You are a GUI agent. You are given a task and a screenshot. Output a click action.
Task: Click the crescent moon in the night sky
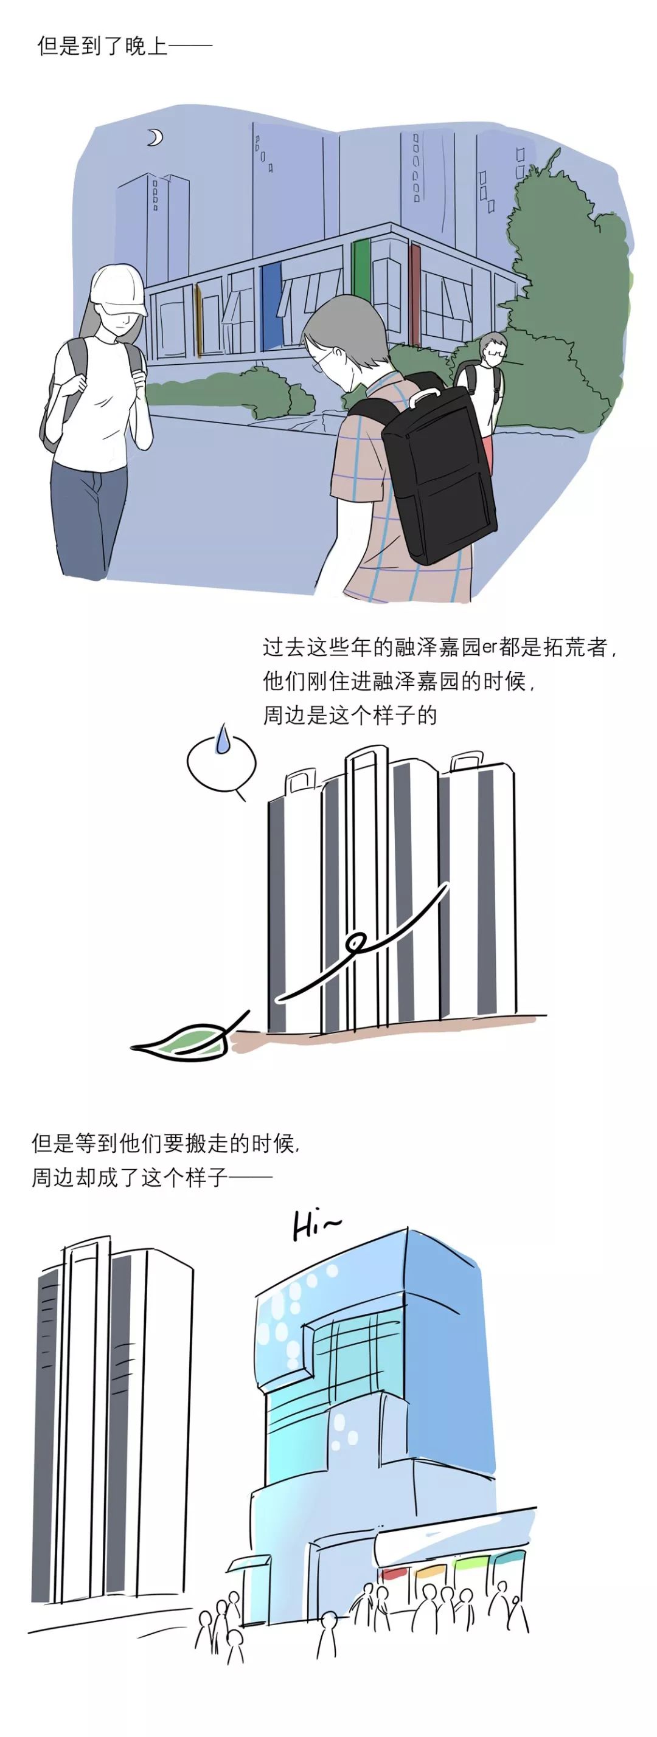coord(156,137)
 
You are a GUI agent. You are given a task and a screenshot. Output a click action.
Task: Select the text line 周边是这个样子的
coord(349,715)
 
